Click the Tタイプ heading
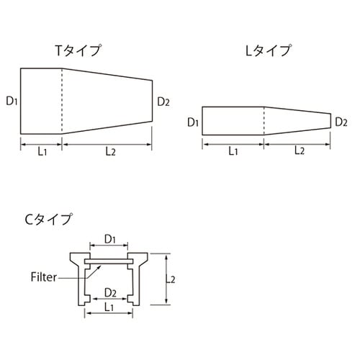tap(78, 51)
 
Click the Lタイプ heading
tap(268, 51)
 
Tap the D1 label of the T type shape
tap(12, 101)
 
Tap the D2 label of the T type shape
tap(163, 101)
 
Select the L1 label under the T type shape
tap(42, 150)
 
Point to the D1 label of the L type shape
tap(192, 122)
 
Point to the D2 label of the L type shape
tap(342, 122)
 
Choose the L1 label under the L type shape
tap(233, 150)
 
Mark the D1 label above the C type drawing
tap(110, 238)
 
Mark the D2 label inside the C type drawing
tap(111, 292)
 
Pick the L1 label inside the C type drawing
tap(111, 307)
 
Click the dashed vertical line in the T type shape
tap(63, 101)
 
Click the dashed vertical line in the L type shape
tap(264, 121)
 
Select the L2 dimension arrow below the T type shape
tap(108, 144)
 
